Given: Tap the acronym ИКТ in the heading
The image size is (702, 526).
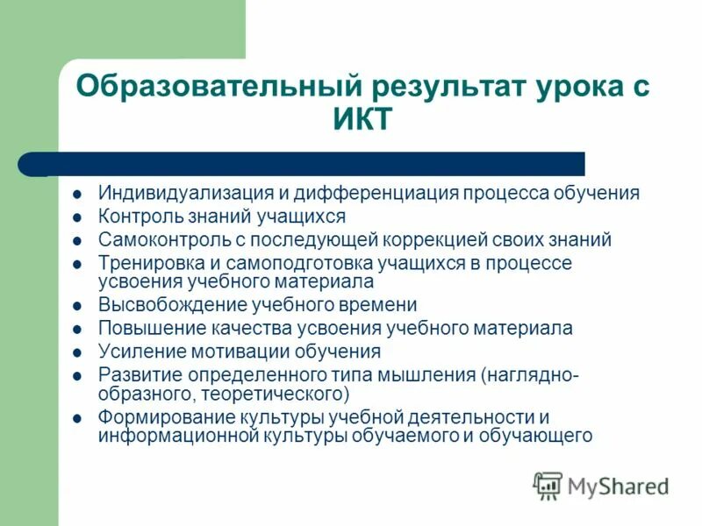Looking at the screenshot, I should click(363, 118).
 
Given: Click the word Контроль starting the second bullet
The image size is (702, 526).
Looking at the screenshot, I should click(139, 216).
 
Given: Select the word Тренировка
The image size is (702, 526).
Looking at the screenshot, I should click(149, 263).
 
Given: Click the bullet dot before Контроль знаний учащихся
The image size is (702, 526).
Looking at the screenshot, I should click(78, 217).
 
